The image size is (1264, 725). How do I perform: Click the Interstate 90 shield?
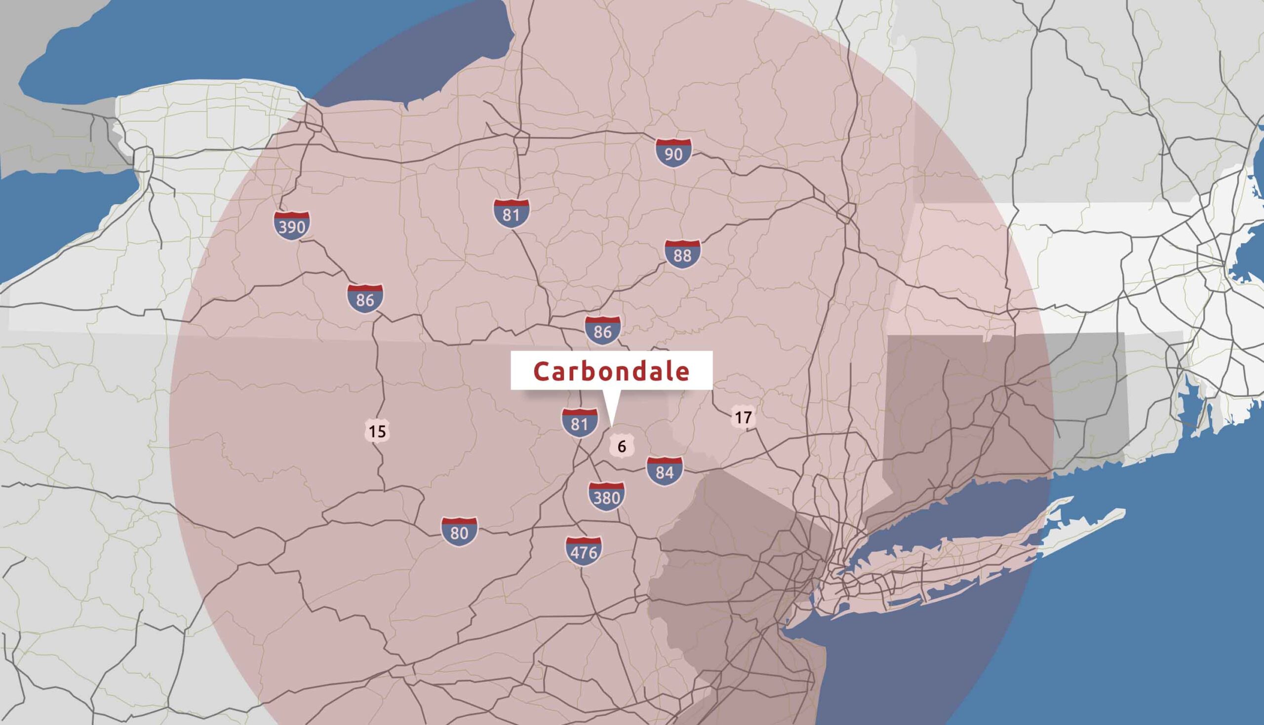[673, 153]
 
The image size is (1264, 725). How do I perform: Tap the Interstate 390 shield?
[292, 225]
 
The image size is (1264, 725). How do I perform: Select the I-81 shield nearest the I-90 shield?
[512, 214]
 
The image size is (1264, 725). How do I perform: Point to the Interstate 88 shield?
[682, 254]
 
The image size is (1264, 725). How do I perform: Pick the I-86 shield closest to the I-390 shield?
[365, 299]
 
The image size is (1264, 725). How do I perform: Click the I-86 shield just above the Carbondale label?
[602, 330]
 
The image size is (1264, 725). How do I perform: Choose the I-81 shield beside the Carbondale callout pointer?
[579, 423]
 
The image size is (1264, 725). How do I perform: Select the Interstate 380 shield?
[607, 497]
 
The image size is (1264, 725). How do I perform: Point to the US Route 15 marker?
[377, 431]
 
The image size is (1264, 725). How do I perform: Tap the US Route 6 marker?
[622, 446]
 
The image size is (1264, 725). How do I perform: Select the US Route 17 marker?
[743, 417]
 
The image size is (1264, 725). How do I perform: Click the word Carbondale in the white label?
[612, 371]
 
